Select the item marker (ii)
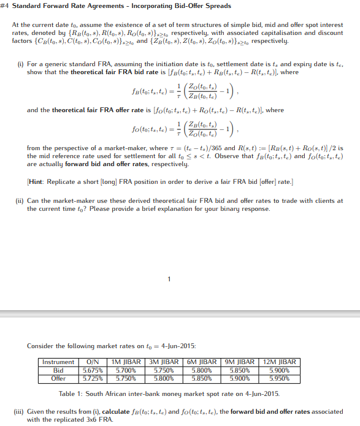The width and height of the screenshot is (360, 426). (20, 200)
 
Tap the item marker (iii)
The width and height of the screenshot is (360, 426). (21, 412)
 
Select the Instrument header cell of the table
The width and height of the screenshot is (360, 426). (58, 362)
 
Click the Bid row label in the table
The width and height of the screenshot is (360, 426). (58, 370)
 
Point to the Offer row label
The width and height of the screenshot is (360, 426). (58, 378)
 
